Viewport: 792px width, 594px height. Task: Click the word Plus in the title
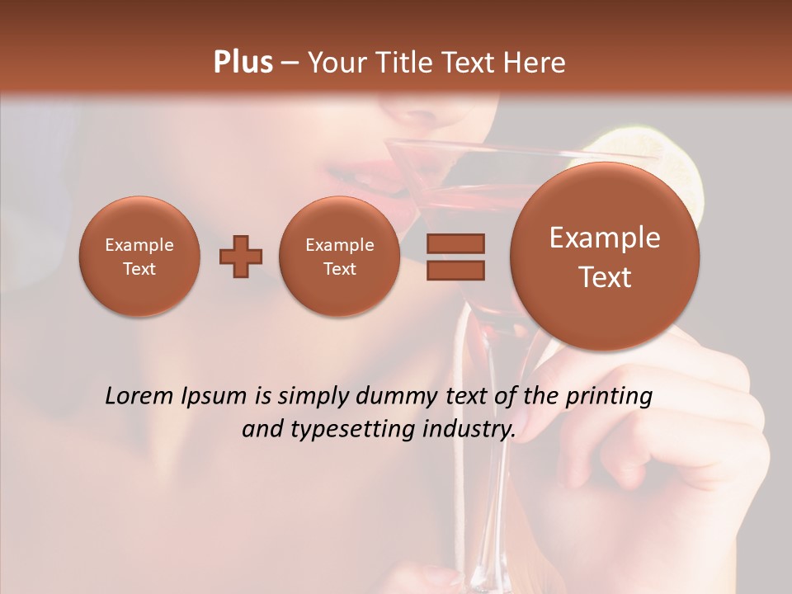pos(243,63)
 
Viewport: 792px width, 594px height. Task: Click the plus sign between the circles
pos(241,257)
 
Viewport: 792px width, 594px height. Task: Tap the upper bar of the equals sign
pos(455,243)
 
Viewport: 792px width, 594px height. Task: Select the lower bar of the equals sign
pos(455,271)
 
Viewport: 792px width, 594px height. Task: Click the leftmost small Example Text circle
pos(139,257)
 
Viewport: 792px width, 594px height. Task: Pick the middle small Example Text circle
pos(339,257)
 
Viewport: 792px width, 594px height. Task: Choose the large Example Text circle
pos(605,257)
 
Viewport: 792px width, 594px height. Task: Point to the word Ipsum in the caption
pos(217,397)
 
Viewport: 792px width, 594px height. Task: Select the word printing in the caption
pos(609,397)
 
